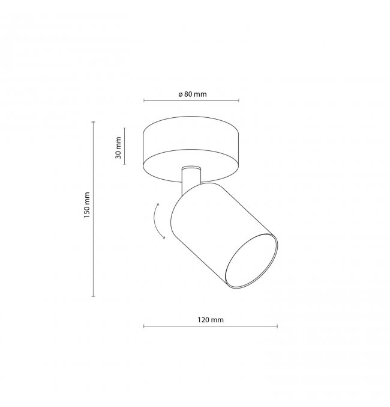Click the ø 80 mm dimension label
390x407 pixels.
pyautogui.click(x=193, y=94)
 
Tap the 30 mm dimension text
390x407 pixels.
pyautogui.click(x=118, y=148)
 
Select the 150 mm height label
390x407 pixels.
pyautogui.click(x=87, y=205)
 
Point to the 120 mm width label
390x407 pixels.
pyautogui.click(x=211, y=320)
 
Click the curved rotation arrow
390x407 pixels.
pyautogui.click(x=154, y=221)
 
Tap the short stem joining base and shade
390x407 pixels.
pyautogui.click(x=191, y=179)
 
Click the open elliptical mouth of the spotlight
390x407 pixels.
pyautogui.click(x=251, y=260)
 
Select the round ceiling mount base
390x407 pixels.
pyautogui.click(x=191, y=149)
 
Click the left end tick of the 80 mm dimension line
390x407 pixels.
pyautogui.click(x=144, y=100)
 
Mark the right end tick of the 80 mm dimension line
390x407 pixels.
pyautogui.click(x=238, y=100)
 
